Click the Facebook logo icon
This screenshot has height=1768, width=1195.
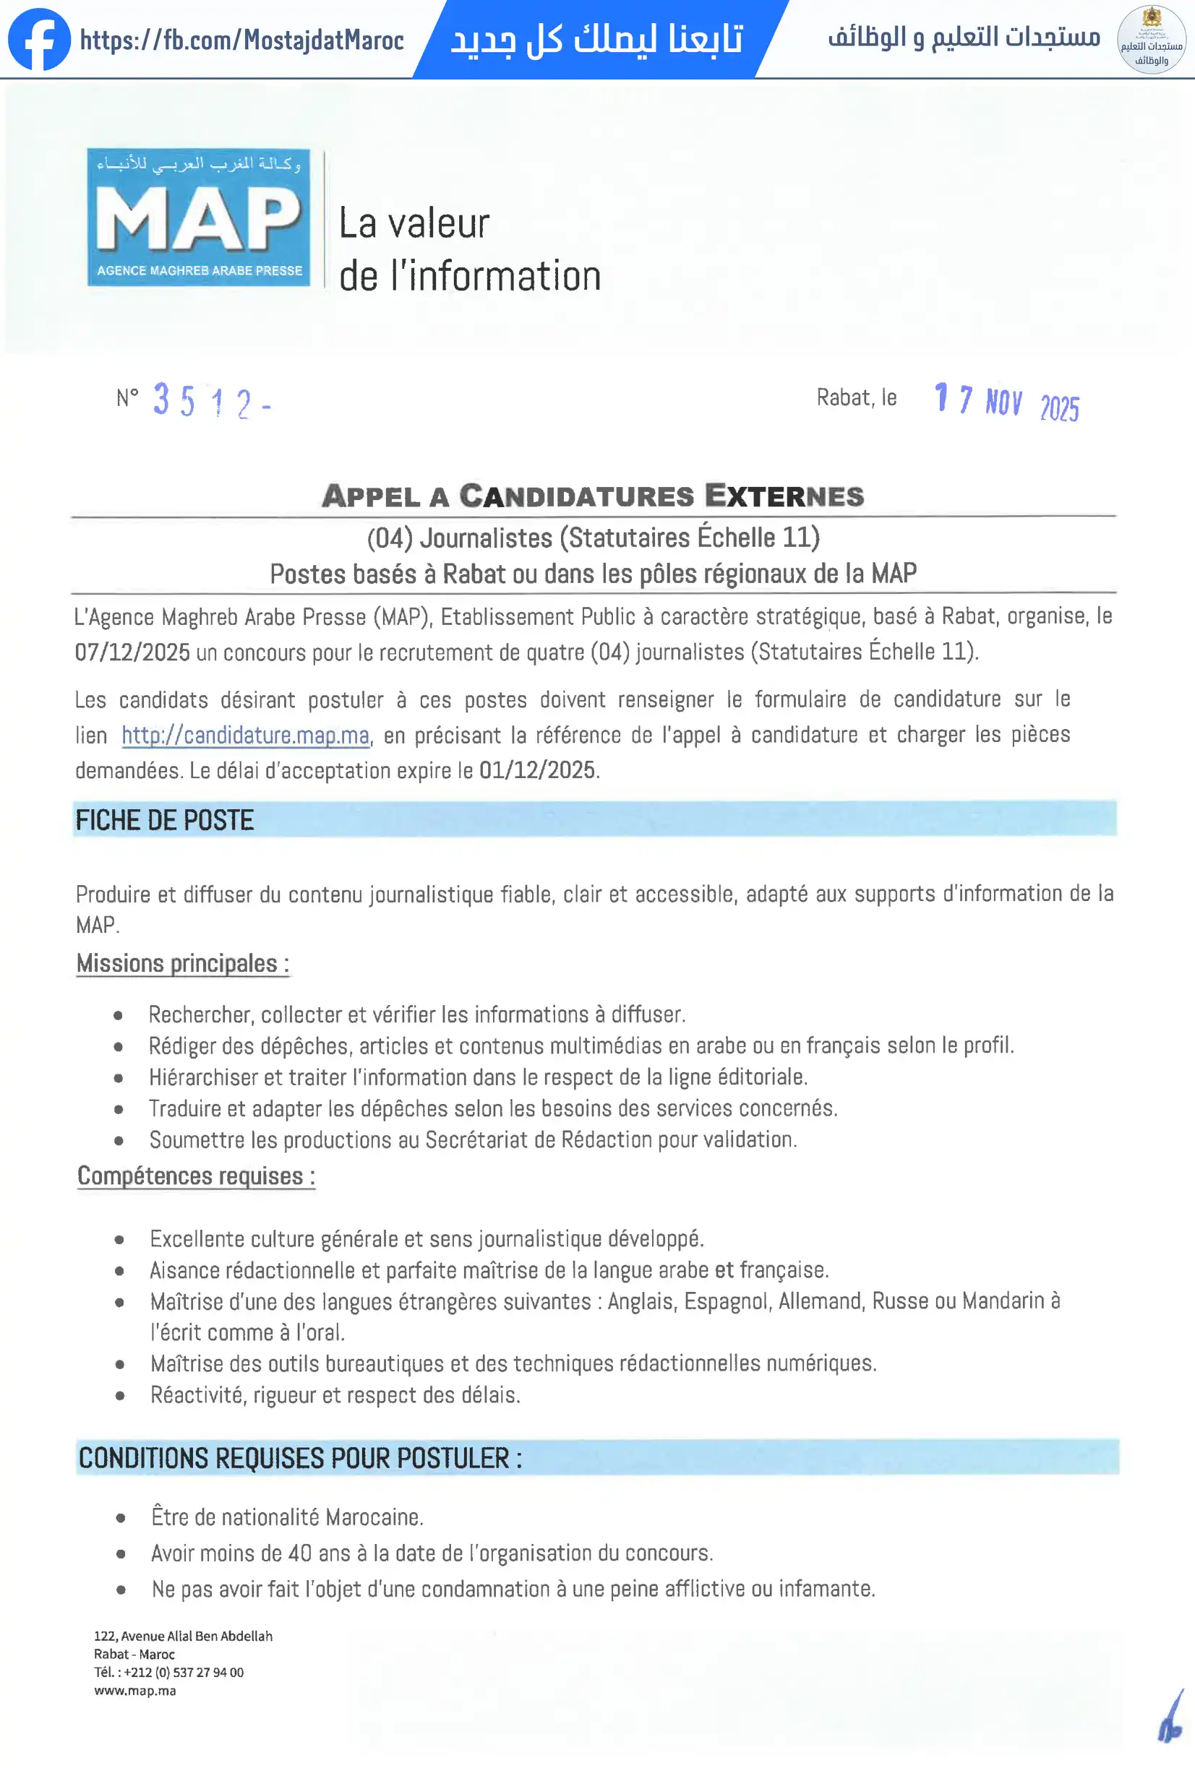pyautogui.click(x=39, y=40)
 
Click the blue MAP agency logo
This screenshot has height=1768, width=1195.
pyautogui.click(x=199, y=217)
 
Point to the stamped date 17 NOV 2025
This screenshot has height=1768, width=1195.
pyautogui.click(x=1006, y=401)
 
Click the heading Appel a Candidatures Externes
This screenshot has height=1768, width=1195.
pyautogui.click(x=593, y=496)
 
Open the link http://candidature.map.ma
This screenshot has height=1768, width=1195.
pyautogui.click(x=245, y=736)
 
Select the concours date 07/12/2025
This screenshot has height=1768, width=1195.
pyautogui.click(x=132, y=652)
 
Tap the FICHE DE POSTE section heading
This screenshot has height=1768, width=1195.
pyautogui.click(x=164, y=820)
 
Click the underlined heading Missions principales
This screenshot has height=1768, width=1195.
pyautogui.click(x=182, y=964)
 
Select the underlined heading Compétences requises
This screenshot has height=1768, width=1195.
pyautogui.click(x=196, y=1176)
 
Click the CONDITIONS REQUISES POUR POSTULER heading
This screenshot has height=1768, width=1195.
pyautogui.click(x=300, y=1458)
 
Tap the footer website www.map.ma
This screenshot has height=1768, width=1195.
pyautogui.click(x=134, y=1691)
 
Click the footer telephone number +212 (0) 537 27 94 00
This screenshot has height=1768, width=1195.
pyautogui.click(x=184, y=1672)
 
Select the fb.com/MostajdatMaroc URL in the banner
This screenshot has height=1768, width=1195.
pyautogui.click(x=241, y=40)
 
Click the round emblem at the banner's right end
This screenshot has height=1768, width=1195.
pyautogui.click(x=1151, y=40)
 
